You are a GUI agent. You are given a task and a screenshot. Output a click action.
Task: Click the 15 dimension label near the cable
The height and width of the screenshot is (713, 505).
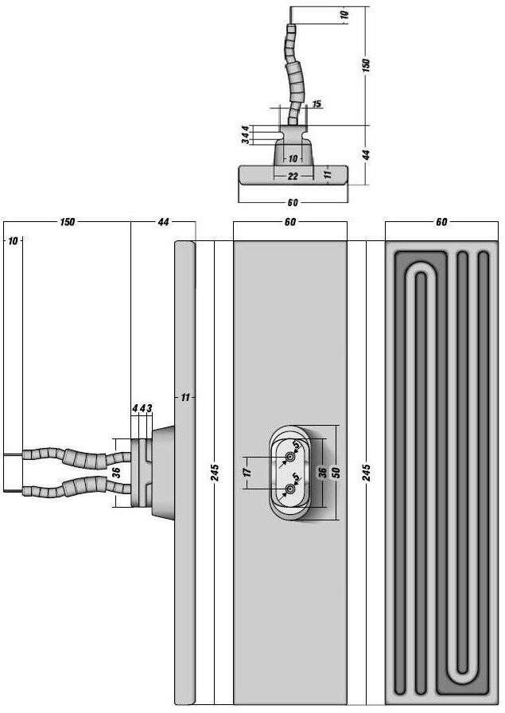317,103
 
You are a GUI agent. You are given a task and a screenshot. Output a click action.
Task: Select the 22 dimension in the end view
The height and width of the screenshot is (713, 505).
292,175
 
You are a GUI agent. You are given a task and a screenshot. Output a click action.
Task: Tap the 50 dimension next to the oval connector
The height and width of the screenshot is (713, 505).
336,472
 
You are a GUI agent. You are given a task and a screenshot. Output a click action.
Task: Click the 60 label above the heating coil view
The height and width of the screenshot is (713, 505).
441,222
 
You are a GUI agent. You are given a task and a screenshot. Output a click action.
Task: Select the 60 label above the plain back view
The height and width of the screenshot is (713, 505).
289,222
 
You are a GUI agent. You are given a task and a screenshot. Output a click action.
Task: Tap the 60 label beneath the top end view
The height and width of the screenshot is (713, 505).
292,202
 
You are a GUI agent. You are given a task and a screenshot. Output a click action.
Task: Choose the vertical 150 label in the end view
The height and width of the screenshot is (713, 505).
366,64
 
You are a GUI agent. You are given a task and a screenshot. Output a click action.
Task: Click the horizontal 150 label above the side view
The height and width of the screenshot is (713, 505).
67,222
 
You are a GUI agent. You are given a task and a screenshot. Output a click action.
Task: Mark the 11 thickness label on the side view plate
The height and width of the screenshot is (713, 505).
184,395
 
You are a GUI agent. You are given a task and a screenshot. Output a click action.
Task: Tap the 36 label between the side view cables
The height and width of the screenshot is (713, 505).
117,472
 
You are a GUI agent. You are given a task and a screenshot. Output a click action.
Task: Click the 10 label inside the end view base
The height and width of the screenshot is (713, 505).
292,158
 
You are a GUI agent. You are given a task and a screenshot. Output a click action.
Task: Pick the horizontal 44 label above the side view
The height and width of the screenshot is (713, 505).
162,222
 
